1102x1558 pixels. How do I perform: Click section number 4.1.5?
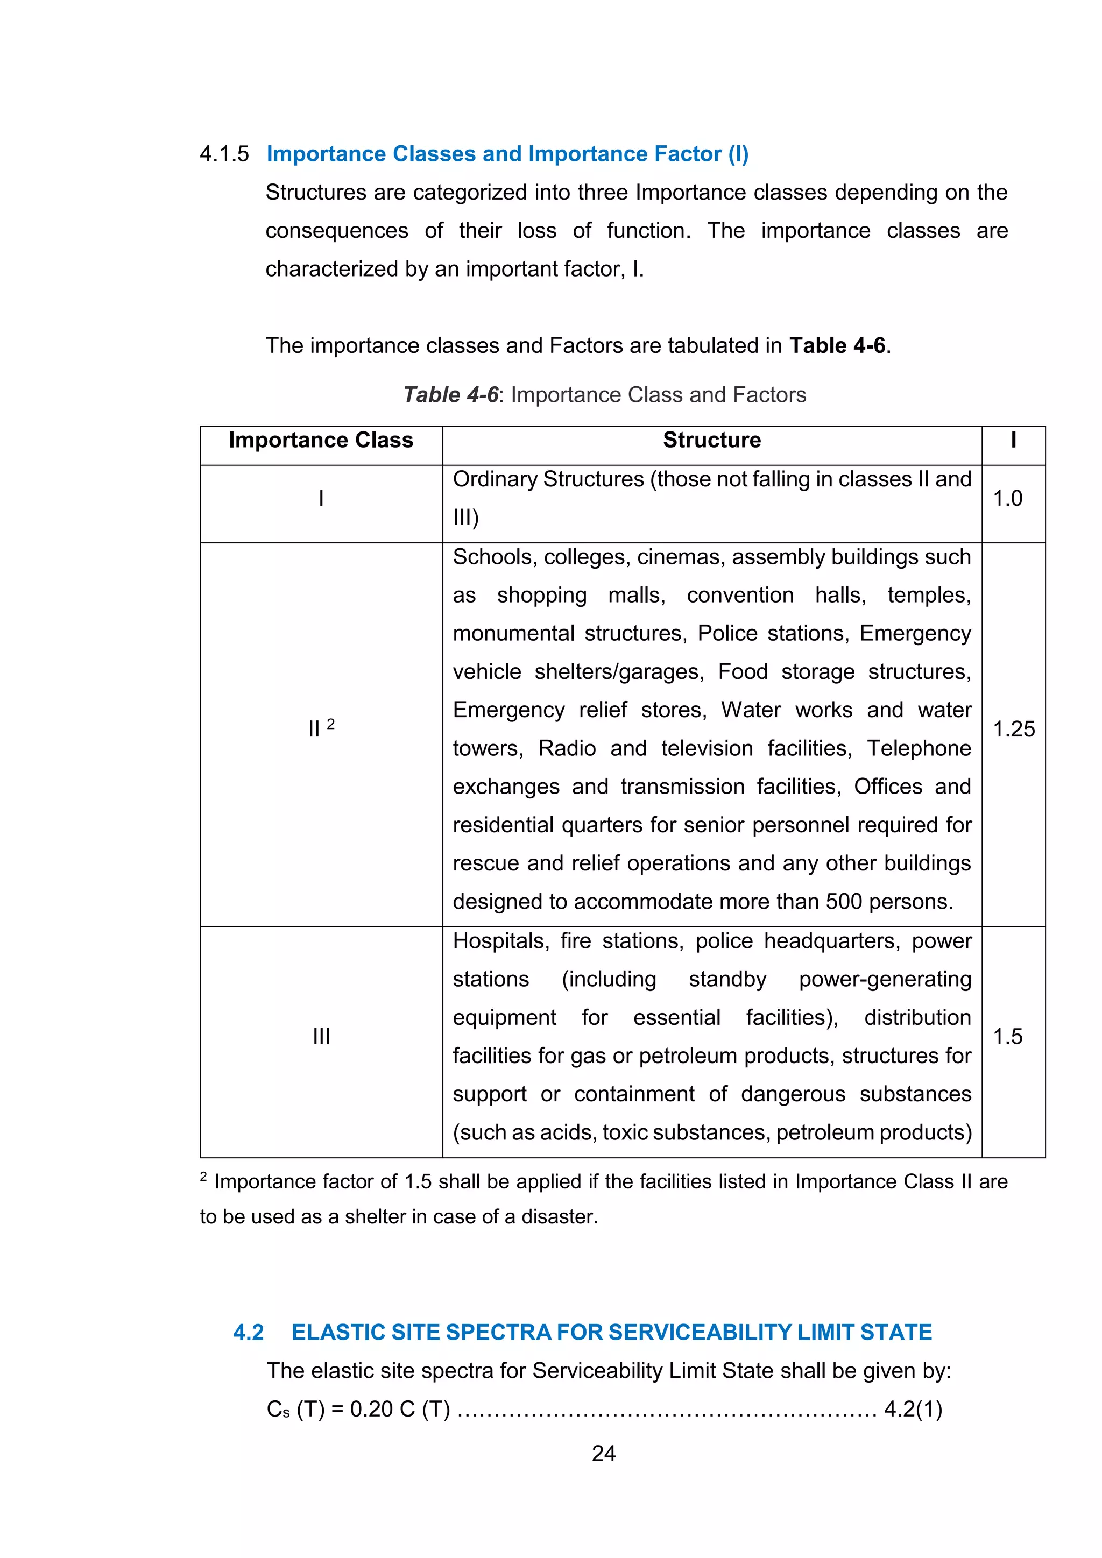(224, 154)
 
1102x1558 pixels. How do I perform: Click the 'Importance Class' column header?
(320, 441)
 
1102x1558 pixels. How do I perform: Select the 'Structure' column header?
(711, 441)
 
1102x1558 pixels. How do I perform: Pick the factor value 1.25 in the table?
(1013, 730)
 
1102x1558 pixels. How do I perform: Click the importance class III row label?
(321, 1036)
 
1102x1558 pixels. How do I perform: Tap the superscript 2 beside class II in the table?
(330, 724)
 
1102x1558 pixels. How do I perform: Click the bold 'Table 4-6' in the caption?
(450, 395)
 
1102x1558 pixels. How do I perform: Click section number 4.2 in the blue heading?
(249, 1332)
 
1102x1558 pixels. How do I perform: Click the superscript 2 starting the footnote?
(203, 1176)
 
